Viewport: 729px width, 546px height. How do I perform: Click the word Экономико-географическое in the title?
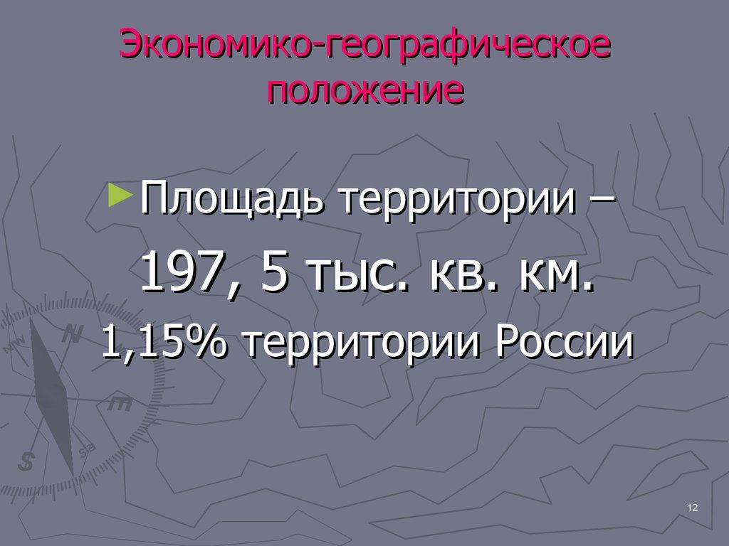click(364, 48)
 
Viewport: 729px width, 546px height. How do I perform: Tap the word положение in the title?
click(364, 90)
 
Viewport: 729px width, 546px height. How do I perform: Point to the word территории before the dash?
click(458, 200)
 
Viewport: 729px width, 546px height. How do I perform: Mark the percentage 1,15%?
click(164, 343)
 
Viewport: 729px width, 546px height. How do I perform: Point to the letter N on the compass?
click(71, 333)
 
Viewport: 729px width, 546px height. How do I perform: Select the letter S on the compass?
click(27, 461)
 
